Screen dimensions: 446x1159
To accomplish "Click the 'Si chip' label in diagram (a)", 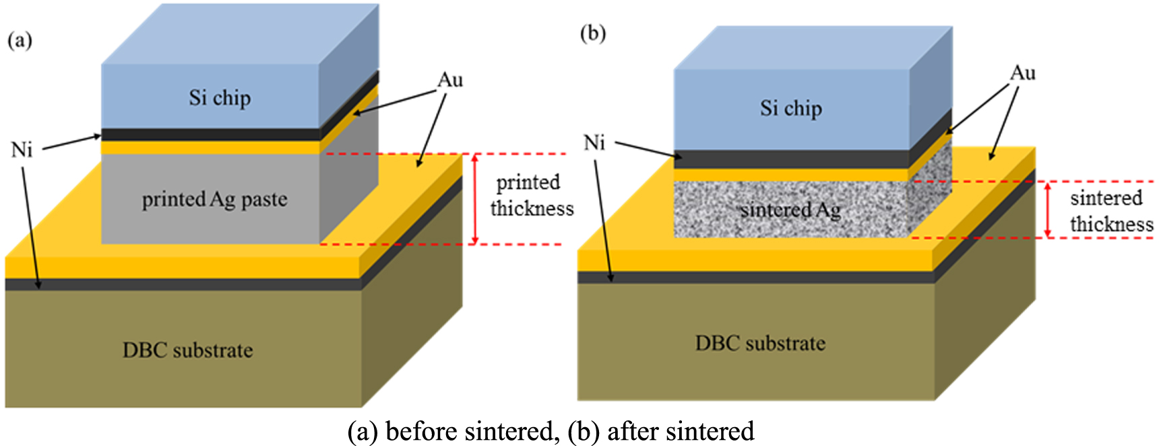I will pyautogui.click(x=220, y=98).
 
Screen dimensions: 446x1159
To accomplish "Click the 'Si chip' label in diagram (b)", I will pyautogui.click(x=791, y=108).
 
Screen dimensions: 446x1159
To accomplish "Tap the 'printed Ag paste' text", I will pyautogui.click(x=214, y=199).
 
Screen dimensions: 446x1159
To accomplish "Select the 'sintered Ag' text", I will pyautogui.click(x=790, y=210).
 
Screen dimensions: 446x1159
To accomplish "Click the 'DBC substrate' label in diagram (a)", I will pyautogui.click(x=187, y=350).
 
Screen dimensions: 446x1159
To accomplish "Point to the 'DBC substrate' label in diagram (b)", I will pyautogui.click(x=760, y=344).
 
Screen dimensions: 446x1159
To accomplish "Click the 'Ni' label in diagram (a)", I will pyautogui.click(x=22, y=150).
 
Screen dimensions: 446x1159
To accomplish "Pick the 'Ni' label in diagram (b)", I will pyautogui.click(x=594, y=143).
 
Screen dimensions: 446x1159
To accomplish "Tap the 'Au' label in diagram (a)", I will pyautogui.click(x=450, y=80).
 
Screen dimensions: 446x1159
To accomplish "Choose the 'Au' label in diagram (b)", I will pyautogui.click(x=1022, y=73).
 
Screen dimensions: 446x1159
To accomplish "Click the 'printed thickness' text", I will pyautogui.click(x=531, y=195).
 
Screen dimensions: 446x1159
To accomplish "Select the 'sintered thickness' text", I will pyautogui.click(x=1110, y=211).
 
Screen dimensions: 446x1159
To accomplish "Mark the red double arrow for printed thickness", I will pyautogui.click(x=475, y=199).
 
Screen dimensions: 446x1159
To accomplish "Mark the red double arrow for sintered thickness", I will pyautogui.click(x=1048, y=210).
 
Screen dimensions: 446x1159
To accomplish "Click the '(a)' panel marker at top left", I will pyautogui.click(x=20, y=40).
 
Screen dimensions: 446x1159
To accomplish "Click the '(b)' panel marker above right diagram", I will pyautogui.click(x=592, y=33).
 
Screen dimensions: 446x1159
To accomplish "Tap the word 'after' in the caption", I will pyautogui.click(x=632, y=431).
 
